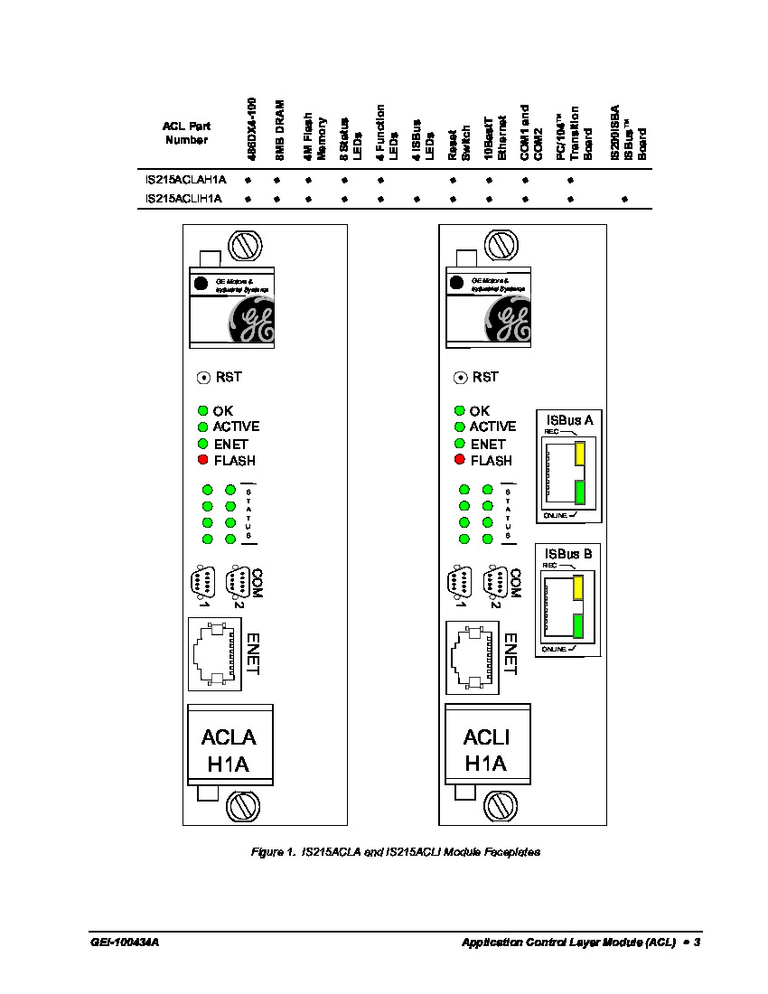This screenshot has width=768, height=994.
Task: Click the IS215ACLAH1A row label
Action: coord(186,180)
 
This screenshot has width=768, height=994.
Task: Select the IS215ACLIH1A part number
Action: coord(186,197)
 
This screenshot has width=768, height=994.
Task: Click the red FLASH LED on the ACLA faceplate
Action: coord(203,460)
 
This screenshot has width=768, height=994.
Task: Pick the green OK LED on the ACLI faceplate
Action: coord(460,410)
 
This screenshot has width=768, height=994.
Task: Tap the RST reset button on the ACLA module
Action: coord(203,377)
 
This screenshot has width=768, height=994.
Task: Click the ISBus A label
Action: coord(570,419)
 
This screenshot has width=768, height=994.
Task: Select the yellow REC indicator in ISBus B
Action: coord(578,586)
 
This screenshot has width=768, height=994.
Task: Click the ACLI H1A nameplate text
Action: coord(486,750)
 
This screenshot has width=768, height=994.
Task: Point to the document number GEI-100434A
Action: coord(125,942)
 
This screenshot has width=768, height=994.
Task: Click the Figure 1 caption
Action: coord(395,852)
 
